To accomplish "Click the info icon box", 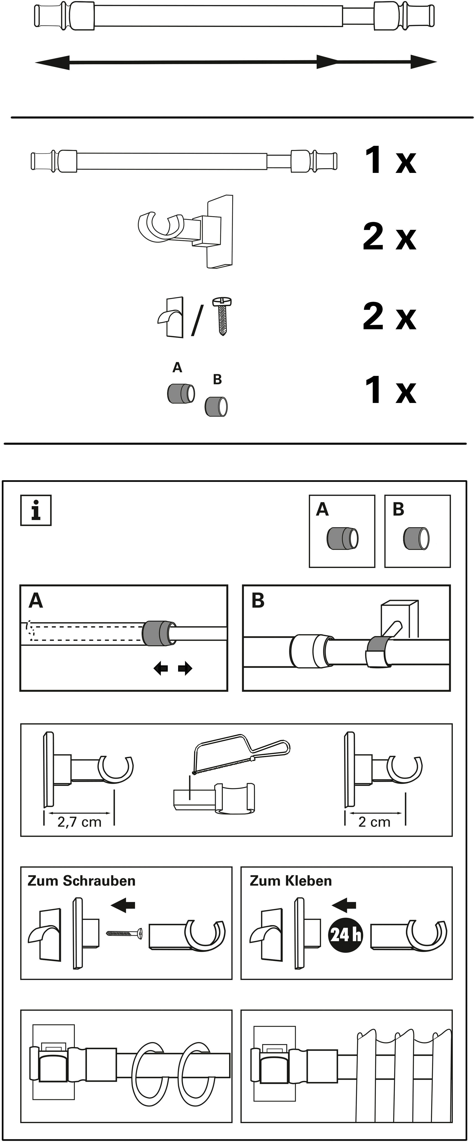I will click(x=36, y=510).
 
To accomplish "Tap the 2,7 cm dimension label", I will click(x=79, y=822).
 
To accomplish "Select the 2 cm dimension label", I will click(x=374, y=822).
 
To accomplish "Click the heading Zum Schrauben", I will click(x=82, y=881).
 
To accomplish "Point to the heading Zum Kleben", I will click(x=291, y=881).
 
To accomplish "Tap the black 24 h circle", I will click(x=345, y=935).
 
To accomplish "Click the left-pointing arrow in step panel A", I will click(x=160, y=668).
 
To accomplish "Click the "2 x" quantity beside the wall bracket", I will click(x=390, y=237).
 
